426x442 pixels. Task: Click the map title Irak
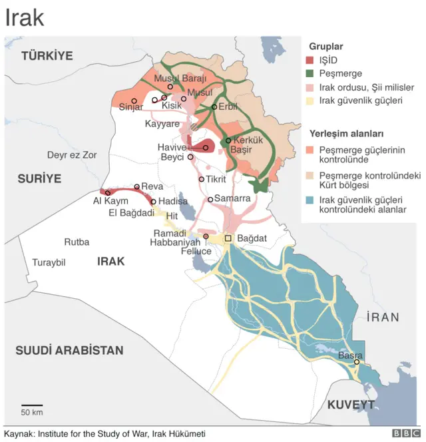[25, 18]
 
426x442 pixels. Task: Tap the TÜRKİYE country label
[47, 56]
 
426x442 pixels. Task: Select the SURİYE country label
[39, 178]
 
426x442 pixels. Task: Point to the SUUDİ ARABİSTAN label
[70, 349]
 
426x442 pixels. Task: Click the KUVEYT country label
[351, 405]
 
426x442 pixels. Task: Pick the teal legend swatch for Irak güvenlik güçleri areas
[310, 200]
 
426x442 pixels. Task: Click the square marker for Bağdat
[228, 238]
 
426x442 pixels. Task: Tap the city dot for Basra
[357, 362]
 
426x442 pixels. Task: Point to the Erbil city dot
[214, 107]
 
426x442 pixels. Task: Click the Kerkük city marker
[228, 140]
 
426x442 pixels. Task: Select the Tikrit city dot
[202, 179]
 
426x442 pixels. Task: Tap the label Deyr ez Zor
[72, 155]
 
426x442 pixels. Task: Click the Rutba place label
[77, 242]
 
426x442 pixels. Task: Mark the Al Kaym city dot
[108, 193]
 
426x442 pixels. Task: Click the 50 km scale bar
[31, 404]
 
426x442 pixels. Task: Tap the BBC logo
[406, 433]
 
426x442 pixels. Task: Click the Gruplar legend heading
[326, 47]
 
